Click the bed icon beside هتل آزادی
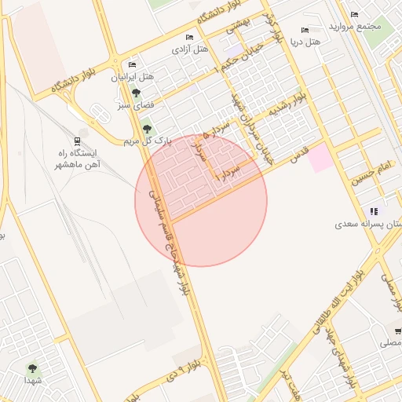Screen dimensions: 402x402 [188, 37]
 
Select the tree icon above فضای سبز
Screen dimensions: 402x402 [137, 93]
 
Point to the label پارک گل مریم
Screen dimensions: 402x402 [146, 141]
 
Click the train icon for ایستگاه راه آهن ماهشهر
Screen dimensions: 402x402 [77, 141]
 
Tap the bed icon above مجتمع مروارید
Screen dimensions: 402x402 [354, 14]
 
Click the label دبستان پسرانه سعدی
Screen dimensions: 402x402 [369, 224]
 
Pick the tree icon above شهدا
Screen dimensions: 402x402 [32, 367]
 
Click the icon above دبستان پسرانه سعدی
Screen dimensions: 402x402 [374, 211]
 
